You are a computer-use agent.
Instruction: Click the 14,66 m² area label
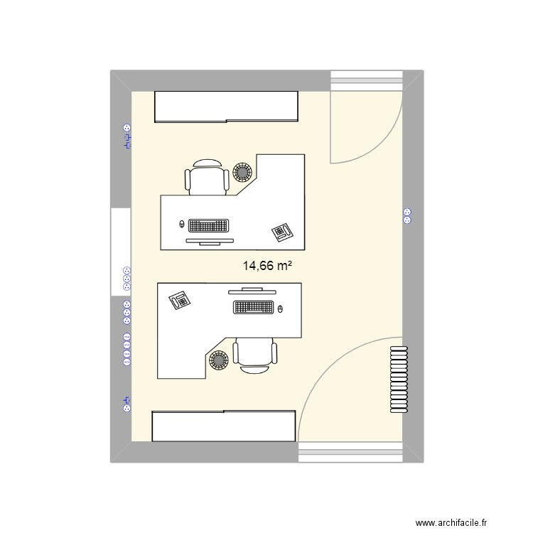(268, 266)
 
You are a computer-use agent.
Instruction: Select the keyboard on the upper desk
(208, 226)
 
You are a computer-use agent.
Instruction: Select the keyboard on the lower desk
(252, 308)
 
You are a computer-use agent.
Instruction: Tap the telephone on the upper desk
(282, 231)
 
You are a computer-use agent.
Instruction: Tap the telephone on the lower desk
(179, 301)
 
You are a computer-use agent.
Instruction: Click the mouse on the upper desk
(182, 225)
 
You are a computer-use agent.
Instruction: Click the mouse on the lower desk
(280, 308)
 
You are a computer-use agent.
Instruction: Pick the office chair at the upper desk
(208, 177)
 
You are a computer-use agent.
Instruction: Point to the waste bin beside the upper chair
(244, 171)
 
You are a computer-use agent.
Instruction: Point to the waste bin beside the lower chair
(218, 362)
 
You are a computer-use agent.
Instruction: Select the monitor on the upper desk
(209, 242)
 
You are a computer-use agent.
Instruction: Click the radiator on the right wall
(399, 379)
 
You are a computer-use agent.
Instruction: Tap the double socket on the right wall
(407, 215)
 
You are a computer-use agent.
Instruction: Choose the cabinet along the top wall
(225, 107)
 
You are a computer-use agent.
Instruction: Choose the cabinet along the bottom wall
(224, 426)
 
